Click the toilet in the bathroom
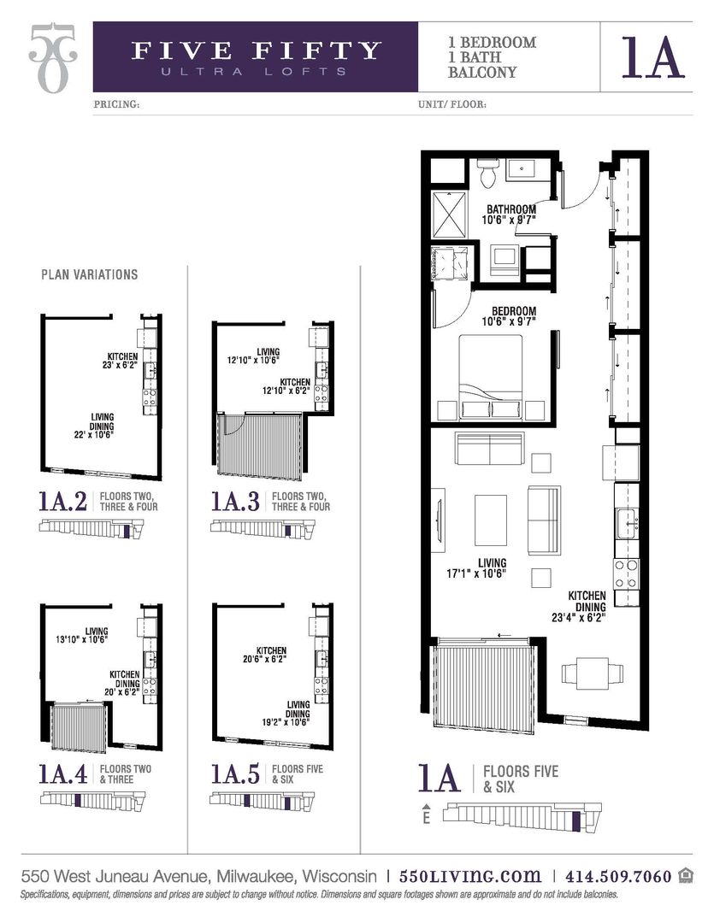click(x=488, y=175)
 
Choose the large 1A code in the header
click(x=654, y=56)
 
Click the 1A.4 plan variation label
click(x=62, y=773)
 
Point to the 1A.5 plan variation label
click(x=235, y=773)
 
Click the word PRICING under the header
click(x=115, y=106)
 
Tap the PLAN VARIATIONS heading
click(x=89, y=275)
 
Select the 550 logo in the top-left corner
click(x=50, y=57)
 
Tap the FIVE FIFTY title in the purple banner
click(x=256, y=50)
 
